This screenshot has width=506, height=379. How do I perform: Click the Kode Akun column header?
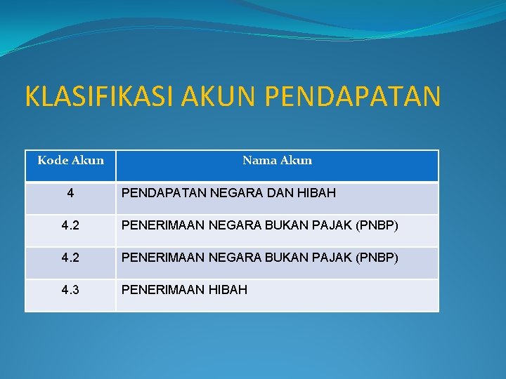tap(70, 161)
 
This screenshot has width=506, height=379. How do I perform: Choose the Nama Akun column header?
tap(277, 161)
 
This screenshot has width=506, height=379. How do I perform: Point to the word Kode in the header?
tap(52, 161)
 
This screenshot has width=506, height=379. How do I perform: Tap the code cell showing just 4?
tap(70, 193)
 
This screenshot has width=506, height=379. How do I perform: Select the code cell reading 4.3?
tap(70, 290)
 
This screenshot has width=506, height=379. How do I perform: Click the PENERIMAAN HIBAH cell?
tap(184, 290)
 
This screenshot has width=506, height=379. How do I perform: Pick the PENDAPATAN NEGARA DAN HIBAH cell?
tap(228, 193)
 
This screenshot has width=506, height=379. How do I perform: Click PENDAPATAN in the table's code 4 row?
tap(159, 193)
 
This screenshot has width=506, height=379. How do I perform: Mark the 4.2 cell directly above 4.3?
tap(70, 258)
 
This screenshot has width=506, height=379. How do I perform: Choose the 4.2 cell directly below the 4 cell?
tap(70, 225)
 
